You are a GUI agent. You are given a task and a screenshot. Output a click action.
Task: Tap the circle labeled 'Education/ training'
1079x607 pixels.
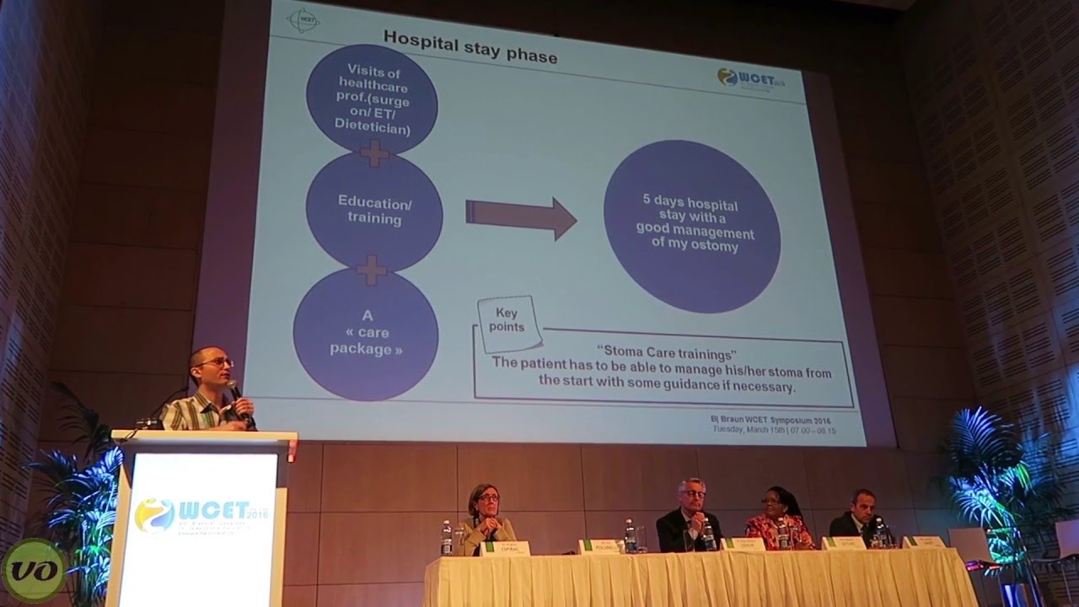(x=374, y=211)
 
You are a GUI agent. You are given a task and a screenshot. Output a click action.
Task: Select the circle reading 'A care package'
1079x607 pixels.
(x=366, y=332)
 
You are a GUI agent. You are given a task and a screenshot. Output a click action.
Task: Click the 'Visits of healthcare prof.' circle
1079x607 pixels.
(x=372, y=99)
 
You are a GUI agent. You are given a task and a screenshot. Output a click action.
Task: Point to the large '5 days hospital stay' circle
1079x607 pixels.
(x=691, y=225)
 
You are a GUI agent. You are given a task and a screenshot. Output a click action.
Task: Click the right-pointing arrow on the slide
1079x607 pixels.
(x=520, y=218)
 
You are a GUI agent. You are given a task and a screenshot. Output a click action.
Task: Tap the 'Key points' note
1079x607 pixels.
(x=509, y=322)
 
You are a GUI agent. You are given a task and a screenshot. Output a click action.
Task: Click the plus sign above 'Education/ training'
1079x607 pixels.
(x=374, y=153)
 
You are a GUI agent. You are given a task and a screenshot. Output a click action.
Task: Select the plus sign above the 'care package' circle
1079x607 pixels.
(x=371, y=270)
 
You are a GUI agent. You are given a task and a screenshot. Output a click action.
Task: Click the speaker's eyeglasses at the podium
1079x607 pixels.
(x=215, y=363)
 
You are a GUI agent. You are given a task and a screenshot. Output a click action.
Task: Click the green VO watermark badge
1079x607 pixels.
(x=33, y=571)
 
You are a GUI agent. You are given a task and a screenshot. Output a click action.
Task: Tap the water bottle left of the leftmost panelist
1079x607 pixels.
(x=446, y=539)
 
